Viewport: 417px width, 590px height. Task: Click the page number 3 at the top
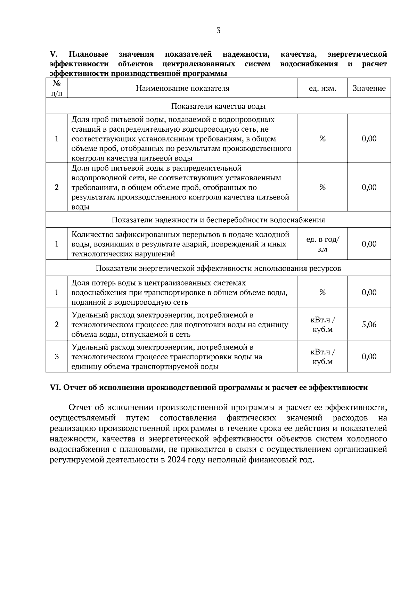click(218, 31)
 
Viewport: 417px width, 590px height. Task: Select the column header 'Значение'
click(369, 88)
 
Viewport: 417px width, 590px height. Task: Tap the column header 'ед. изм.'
click(322, 88)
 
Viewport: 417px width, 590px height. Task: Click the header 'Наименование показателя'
click(182, 88)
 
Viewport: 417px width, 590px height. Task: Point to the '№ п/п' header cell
click(57, 88)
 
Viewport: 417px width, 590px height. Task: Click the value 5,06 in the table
click(369, 325)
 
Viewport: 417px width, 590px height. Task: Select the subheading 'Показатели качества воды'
click(218, 106)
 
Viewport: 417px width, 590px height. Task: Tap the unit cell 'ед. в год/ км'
click(322, 244)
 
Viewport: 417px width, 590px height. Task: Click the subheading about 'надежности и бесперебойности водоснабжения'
click(218, 220)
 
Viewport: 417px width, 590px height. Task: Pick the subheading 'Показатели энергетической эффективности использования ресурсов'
click(218, 268)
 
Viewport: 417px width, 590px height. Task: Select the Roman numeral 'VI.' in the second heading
click(55, 388)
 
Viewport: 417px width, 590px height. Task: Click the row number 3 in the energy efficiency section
click(57, 357)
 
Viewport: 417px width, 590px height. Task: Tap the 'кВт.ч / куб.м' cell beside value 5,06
click(322, 325)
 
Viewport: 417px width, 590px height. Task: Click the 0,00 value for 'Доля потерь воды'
click(369, 293)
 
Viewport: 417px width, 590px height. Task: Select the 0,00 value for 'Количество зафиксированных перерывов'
click(369, 244)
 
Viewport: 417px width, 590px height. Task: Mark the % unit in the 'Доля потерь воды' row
click(322, 293)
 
